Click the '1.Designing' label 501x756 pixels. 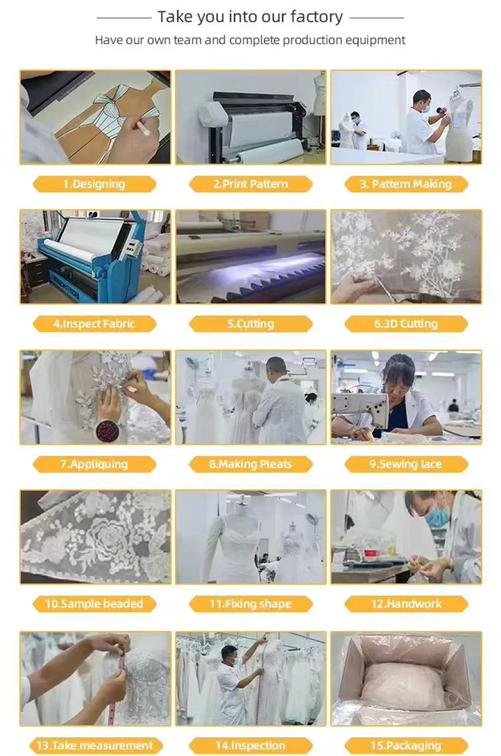pyautogui.click(x=94, y=184)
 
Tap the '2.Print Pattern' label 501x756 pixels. pyautogui.click(x=250, y=184)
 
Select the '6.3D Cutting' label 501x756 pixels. pyautogui.click(x=406, y=324)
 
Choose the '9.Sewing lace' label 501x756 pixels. pyautogui.click(x=406, y=464)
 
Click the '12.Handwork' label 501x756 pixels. pyautogui.click(x=406, y=604)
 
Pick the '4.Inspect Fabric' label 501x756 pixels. pyautogui.click(x=94, y=324)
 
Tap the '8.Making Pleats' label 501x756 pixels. pyautogui.click(x=250, y=464)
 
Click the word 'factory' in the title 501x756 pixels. pyautogui.click(x=317, y=17)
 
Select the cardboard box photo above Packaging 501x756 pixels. pyautogui.click(x=406, y=678)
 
